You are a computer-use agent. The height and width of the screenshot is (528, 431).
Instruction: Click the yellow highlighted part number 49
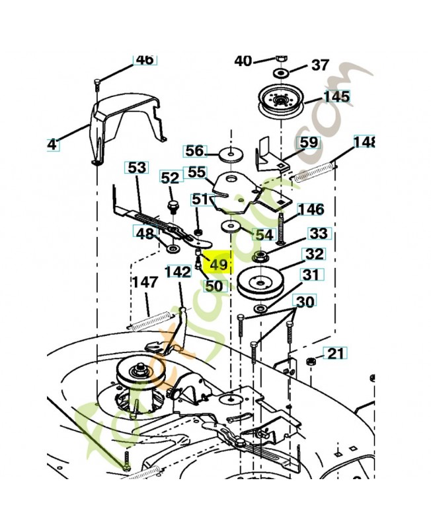coord(218,265)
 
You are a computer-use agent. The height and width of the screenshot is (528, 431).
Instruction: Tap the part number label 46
coord(144,59)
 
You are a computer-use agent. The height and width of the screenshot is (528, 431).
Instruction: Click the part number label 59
coord(309,143)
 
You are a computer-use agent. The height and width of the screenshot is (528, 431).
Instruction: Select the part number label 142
coord(177,271)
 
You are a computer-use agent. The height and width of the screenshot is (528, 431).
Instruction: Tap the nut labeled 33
coord(260,256)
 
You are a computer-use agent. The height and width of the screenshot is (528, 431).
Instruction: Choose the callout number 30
coord(305,302)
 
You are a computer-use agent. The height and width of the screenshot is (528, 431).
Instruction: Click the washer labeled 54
coord(231,228)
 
